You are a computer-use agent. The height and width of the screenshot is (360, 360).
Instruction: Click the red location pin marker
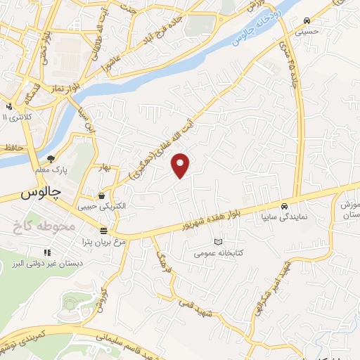tap(181, 165)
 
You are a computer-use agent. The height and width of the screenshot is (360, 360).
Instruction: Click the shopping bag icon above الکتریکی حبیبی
tap(104, 195)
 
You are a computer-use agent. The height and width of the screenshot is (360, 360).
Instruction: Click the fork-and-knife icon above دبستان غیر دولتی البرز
tap(47, 252)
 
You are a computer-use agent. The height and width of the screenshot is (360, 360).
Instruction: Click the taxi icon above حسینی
tap(325, 21)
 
